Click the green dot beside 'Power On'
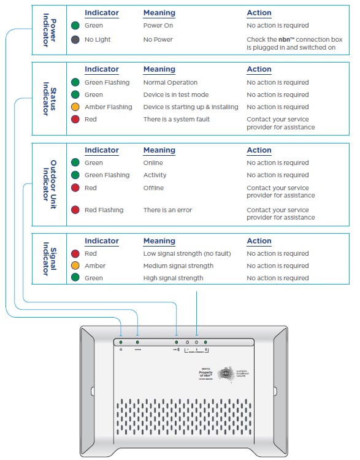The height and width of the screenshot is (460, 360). pos(75,26)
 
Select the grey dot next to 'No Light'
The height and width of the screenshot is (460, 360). pos(75,39)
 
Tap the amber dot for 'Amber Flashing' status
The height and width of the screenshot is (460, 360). pos(75,107)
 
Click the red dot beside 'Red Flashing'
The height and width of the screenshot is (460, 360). pos(75,210)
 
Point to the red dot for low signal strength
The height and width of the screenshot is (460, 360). pos(75,253)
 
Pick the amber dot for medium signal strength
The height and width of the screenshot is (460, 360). pos(75,266)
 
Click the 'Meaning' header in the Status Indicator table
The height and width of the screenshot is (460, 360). pos(159,69)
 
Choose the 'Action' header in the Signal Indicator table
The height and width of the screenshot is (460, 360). pos(259,241)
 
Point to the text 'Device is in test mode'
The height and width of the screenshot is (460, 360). pos(176,94)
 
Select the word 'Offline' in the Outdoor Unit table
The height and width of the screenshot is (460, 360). pos(153,188)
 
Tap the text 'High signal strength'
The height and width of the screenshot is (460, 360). pos(173,278)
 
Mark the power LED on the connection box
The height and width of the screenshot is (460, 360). pos(121,342)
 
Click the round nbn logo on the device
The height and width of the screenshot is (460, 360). pos(228,372)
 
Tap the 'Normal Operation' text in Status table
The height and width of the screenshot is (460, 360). pos(170,82)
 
